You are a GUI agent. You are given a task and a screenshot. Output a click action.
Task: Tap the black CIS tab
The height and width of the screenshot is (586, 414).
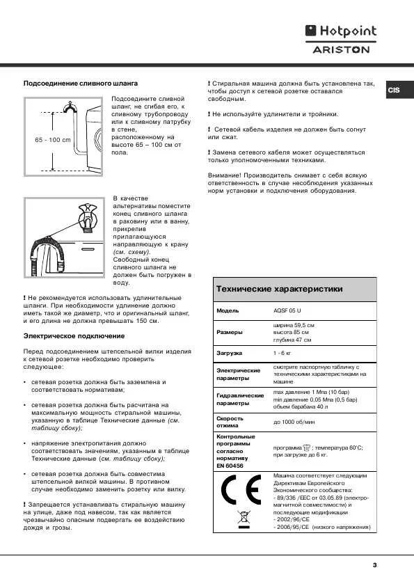pos(394,90)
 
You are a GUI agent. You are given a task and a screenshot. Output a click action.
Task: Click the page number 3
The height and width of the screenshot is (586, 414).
pos(374,564)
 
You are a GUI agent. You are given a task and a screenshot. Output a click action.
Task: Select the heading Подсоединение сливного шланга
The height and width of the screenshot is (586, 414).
pos(67,83)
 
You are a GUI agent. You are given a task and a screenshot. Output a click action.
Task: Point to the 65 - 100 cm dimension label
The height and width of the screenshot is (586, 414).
pos(53,140)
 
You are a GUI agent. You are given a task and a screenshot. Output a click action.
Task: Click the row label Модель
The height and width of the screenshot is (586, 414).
pos(228,310)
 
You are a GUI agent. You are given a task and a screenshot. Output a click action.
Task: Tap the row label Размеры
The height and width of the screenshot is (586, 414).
pos(230,333)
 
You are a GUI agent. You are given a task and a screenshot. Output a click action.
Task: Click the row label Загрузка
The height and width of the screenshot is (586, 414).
pos(231,354)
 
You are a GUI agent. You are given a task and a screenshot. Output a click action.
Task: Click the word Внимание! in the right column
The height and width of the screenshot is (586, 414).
pos(223,175)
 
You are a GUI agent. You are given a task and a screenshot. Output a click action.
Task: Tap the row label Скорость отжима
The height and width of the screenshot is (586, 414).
pos(230,422)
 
